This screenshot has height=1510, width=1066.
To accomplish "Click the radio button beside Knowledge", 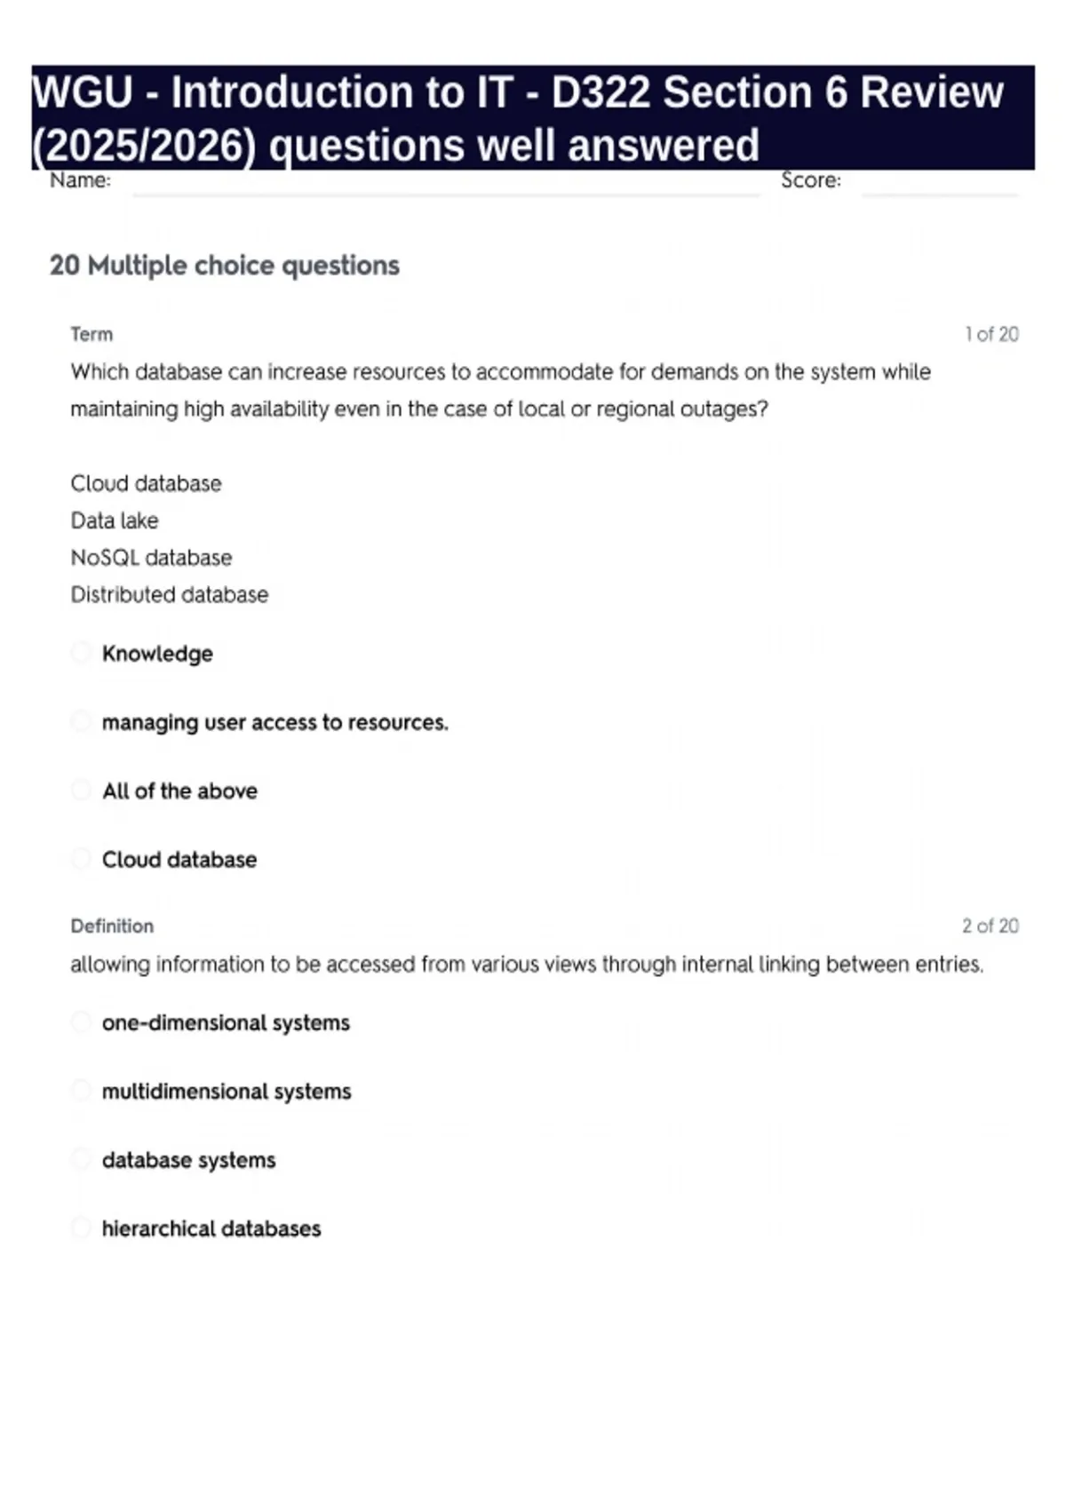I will [81, 653].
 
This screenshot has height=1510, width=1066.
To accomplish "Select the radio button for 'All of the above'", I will [81, 790].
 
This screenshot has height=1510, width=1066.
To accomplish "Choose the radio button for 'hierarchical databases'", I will [81, 1228].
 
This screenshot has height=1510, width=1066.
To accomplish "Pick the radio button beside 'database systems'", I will [81, 1159].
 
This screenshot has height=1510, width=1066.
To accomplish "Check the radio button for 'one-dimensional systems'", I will [81, 1021].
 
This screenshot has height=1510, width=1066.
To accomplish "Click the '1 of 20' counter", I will [991, 334].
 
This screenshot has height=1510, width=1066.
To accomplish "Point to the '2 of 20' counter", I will [990, 926].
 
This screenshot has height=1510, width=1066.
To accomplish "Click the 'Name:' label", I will [80, 180].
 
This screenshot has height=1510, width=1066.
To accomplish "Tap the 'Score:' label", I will [810, 180].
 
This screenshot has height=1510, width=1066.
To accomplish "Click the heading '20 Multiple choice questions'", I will [225, 265].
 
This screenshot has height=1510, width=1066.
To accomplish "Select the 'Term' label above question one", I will [91, 334].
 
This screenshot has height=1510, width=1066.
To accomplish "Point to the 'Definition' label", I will [112, 926].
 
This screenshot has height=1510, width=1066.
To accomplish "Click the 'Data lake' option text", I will [115, 521].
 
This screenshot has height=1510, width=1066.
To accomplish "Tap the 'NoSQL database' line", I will [151, 558].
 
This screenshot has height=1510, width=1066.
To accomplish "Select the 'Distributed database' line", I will [169, 594].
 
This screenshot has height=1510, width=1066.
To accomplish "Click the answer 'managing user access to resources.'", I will [274, 722].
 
